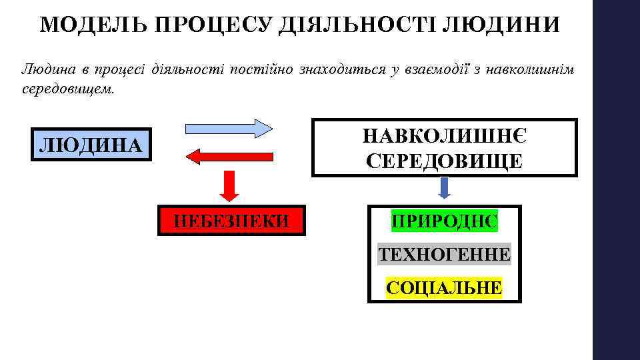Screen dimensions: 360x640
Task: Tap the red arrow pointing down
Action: click(x=229, y=185)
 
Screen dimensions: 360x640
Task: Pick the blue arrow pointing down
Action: click(x=445, y=187)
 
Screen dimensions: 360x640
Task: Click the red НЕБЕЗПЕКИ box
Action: click(x=231, y=220)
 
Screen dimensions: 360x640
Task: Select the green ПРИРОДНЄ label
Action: click(x=445, y=221)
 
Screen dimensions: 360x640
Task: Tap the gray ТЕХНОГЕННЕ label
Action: click(x=445, y=254)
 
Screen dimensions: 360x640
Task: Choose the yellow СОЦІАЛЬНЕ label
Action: click(x=445, y=287)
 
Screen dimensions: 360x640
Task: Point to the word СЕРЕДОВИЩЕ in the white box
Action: click(x=445, y=161)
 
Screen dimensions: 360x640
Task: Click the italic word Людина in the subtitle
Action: click(x=46, y=69)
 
